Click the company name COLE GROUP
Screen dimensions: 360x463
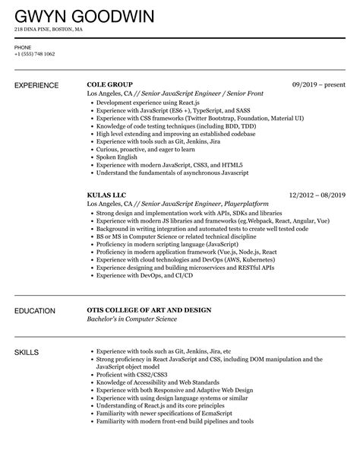[110, 84]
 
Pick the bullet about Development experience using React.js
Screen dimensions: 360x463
[145, 101]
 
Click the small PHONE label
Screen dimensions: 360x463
[22, 46]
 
